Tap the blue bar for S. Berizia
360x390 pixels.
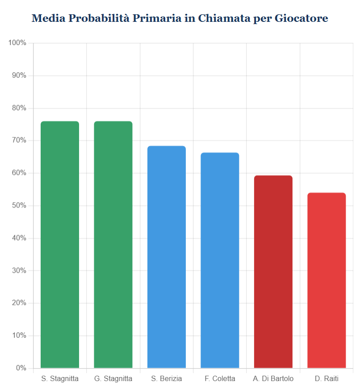point(167,257)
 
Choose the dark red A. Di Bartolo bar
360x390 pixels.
point(273,272)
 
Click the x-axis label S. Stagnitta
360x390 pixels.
point(60,379)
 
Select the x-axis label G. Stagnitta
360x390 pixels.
point(113,379)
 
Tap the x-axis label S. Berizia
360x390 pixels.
point(167,379)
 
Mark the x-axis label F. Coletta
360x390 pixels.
point(220,379)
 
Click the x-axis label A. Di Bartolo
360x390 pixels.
point(273,379)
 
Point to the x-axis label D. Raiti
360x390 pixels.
point(327,379)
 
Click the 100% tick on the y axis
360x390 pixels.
point(17,43)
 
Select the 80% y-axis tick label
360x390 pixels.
point(19,108)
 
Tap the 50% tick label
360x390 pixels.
point(19,206)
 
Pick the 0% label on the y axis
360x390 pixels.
point(21,368)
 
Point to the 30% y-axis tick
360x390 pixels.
point(19,271)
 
